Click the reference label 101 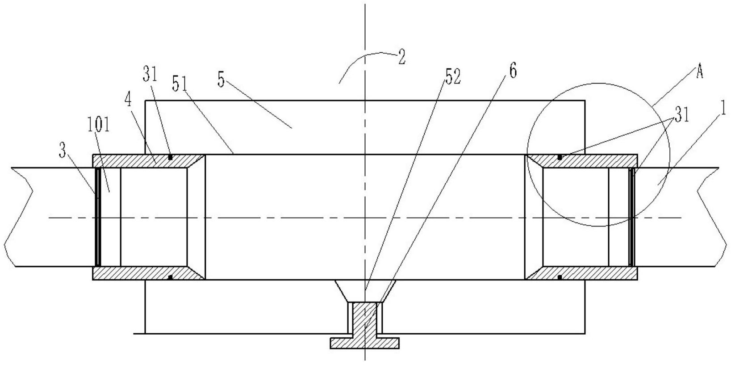pos(98,126)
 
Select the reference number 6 pos(513,71)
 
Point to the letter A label pos(699,71)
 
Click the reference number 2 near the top pos(401,58)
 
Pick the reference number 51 pos(180,84)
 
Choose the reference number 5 pos(221,80)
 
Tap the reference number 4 pos(129,100)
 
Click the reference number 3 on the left pos(63,151)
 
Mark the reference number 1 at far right pos(723,109)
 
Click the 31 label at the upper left pos(150,74)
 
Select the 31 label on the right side pos(682,116)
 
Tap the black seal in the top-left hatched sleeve pos(170,157)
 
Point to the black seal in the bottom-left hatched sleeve pos(170,277)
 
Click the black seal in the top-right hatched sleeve pos(560,157)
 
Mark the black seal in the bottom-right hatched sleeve pos(560,277)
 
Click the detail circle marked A pos(598,155)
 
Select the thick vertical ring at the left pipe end pos(98,217)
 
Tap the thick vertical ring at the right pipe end pos(632,217)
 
